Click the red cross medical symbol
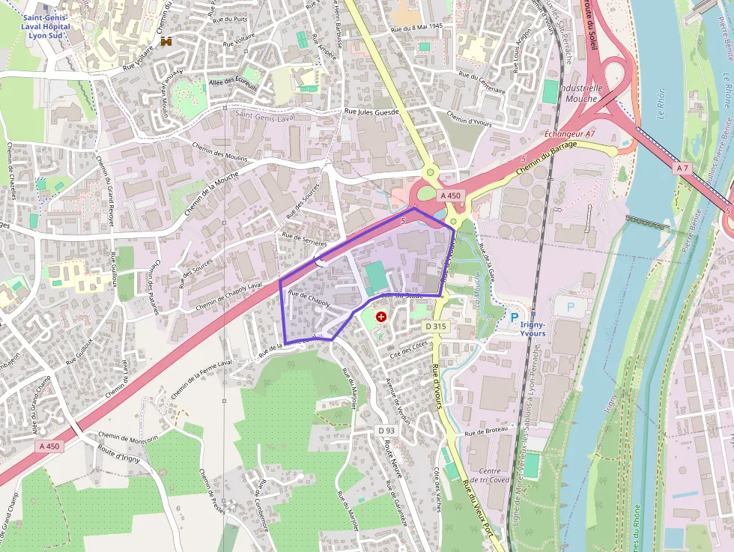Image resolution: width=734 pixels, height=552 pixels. (382, 318)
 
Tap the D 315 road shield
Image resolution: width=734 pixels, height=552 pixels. (435, 327)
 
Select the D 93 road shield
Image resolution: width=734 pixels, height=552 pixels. (386, 431)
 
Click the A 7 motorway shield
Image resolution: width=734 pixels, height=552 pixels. (681, 169)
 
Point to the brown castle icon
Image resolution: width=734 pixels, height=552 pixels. (166, 42)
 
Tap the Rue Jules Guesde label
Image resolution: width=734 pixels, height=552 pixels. (371, 112)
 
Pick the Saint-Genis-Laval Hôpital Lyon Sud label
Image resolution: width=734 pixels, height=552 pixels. (46, 26)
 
